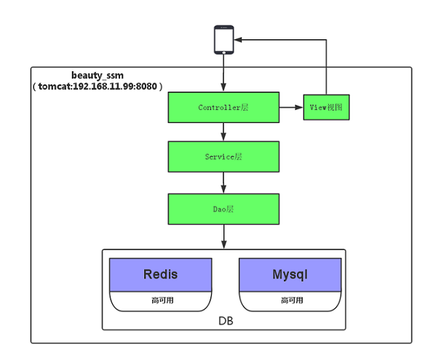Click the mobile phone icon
[x=224, y=40]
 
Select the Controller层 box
[x=223, y=108]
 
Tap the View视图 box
[x=326, y=108]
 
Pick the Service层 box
[x=223, y=156]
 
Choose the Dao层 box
[x=223, y=209]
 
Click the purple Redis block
[x=160, y=275]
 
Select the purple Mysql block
[x=290, y=275]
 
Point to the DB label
[x=226, y=321]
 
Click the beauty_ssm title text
[x=98, y=76]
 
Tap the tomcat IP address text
[x=98, y=87]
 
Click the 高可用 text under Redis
[x=162, y=300]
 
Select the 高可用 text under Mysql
[x=292, y=300]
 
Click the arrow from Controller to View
[x=291, y=108]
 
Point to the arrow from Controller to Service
[x=223, y=132]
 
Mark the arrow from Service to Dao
[x=223, y=183]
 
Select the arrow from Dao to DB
[x=224, y=237]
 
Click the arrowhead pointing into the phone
[x=238, y=40]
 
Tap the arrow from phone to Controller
[x=223, y=73]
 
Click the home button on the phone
[x=224, y=52]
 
